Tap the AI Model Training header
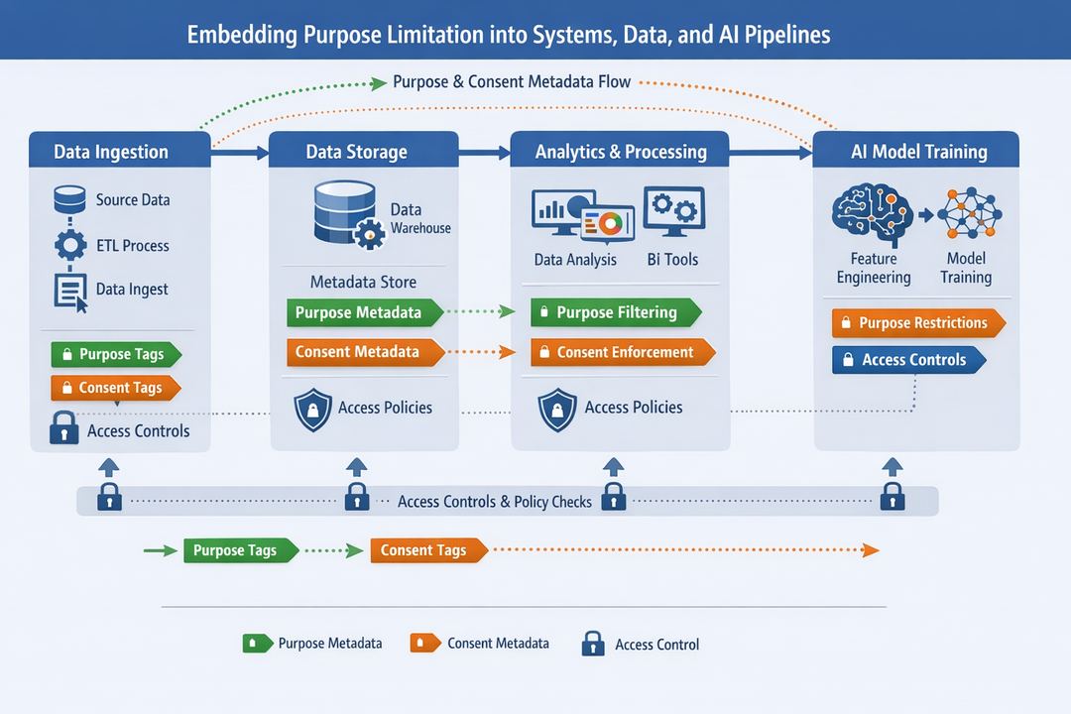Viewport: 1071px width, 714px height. pos(917,152)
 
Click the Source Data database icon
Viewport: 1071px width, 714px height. pos(69,200)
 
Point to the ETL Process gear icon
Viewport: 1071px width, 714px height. pos(69,245)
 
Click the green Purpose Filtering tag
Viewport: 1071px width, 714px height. pos(615,312)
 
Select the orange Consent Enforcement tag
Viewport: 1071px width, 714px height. pos(622,352)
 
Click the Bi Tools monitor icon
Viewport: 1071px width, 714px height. pos(673,210)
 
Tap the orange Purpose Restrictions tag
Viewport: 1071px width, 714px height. pos(918,323)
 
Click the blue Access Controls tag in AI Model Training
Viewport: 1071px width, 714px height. pos(908,360)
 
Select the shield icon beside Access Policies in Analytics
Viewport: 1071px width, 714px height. pos(557,409)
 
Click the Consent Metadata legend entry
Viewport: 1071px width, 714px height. pos(480,644)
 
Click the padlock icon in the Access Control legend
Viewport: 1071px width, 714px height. pos(593,644)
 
